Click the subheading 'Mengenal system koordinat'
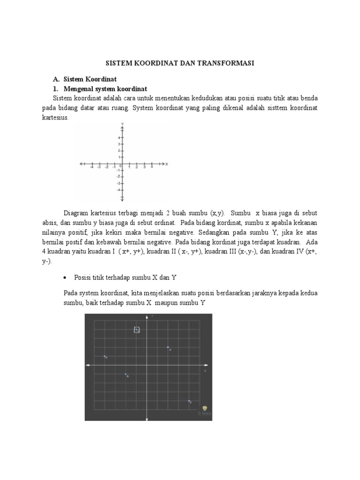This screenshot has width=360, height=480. tap(105, 89)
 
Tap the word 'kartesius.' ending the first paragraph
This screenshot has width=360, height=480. tap(55, 118)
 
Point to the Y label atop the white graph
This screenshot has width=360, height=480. tap(122, 124)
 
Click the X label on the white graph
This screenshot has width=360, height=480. tap(166, 164)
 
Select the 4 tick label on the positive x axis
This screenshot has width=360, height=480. tap(151, 167)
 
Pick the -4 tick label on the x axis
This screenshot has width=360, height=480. tap(92, 167)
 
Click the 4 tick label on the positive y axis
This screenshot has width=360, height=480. tap(119, 137)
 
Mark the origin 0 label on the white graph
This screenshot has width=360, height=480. tap(120, 166)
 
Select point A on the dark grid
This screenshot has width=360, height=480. tap(105, 357)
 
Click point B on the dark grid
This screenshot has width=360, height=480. tap(126, 374)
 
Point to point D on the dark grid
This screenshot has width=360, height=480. tap(168, 347)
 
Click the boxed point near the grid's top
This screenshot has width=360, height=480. tap(136, 330)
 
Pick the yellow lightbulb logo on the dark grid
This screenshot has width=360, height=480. tap(204, 409)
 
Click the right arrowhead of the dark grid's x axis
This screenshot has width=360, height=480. tap(207, 365)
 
